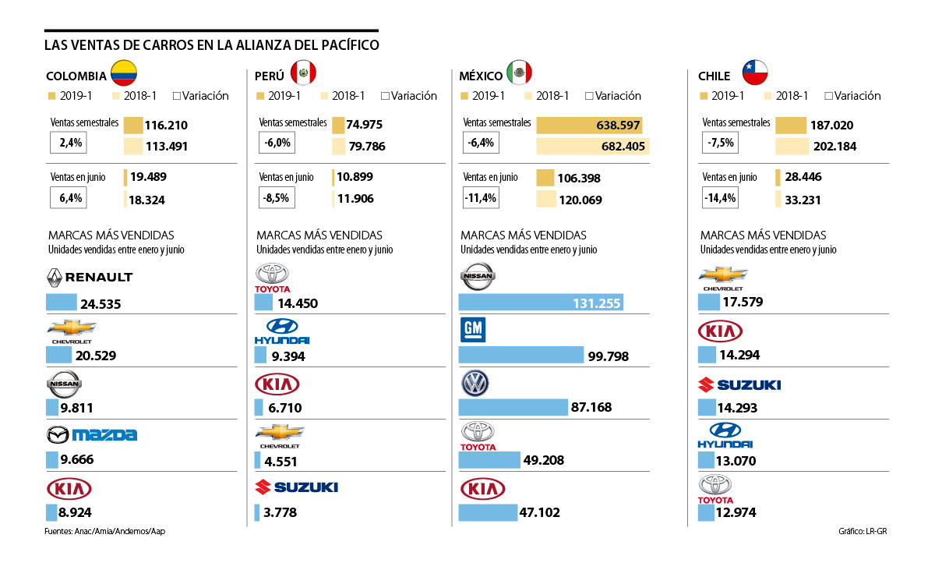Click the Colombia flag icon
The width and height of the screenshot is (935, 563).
pos(124,73)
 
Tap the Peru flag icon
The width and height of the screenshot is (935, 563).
pos(303,73)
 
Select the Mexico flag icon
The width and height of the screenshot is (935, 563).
pos(519,73)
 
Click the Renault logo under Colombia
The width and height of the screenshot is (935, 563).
pos(90,277)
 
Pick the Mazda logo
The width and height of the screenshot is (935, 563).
pos(92,434)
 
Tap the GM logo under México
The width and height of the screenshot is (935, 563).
pos(473,330)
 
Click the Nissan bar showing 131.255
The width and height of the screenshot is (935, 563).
pos(542,302)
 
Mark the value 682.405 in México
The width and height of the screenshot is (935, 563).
pos(616,146)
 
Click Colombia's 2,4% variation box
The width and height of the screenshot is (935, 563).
pos(65,143)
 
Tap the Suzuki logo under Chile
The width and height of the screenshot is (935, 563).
pos(739,384)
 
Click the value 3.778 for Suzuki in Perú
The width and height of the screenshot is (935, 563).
pos(280,513)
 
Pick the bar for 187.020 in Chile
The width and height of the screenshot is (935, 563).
pos(790,125)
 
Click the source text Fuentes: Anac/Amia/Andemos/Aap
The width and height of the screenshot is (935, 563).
pos(106,531)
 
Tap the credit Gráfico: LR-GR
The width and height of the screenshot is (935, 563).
pos(864,531)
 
